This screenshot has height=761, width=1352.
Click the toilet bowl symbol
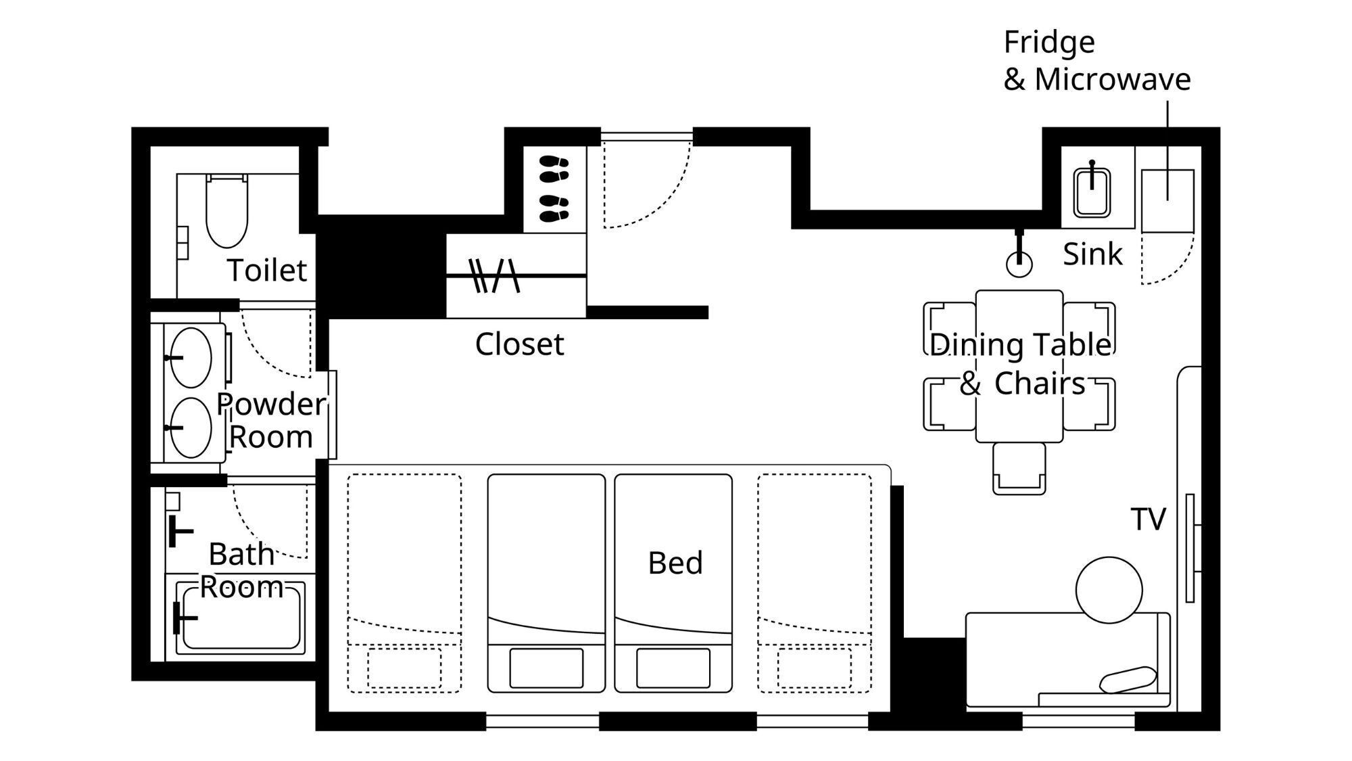226,210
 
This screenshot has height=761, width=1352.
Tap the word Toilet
267,271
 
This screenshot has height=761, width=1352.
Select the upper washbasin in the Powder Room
191,358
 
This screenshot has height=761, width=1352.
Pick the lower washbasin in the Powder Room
191,428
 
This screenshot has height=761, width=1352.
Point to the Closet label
519,344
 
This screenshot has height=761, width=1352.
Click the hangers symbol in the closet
494,275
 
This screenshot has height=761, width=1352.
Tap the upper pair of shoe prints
554,168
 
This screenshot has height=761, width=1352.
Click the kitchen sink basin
1092,192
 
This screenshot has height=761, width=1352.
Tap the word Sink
1092,254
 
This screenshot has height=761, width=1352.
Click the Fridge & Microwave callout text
1096,61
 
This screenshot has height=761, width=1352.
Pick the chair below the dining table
1019,468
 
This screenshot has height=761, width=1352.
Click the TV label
1148,520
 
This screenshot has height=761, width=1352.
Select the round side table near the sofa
1109,590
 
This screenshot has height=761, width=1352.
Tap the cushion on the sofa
1128,679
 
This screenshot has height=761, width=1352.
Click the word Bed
675,563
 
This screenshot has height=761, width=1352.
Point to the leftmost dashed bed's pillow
404,668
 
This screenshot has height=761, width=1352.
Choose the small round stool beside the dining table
1019,264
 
